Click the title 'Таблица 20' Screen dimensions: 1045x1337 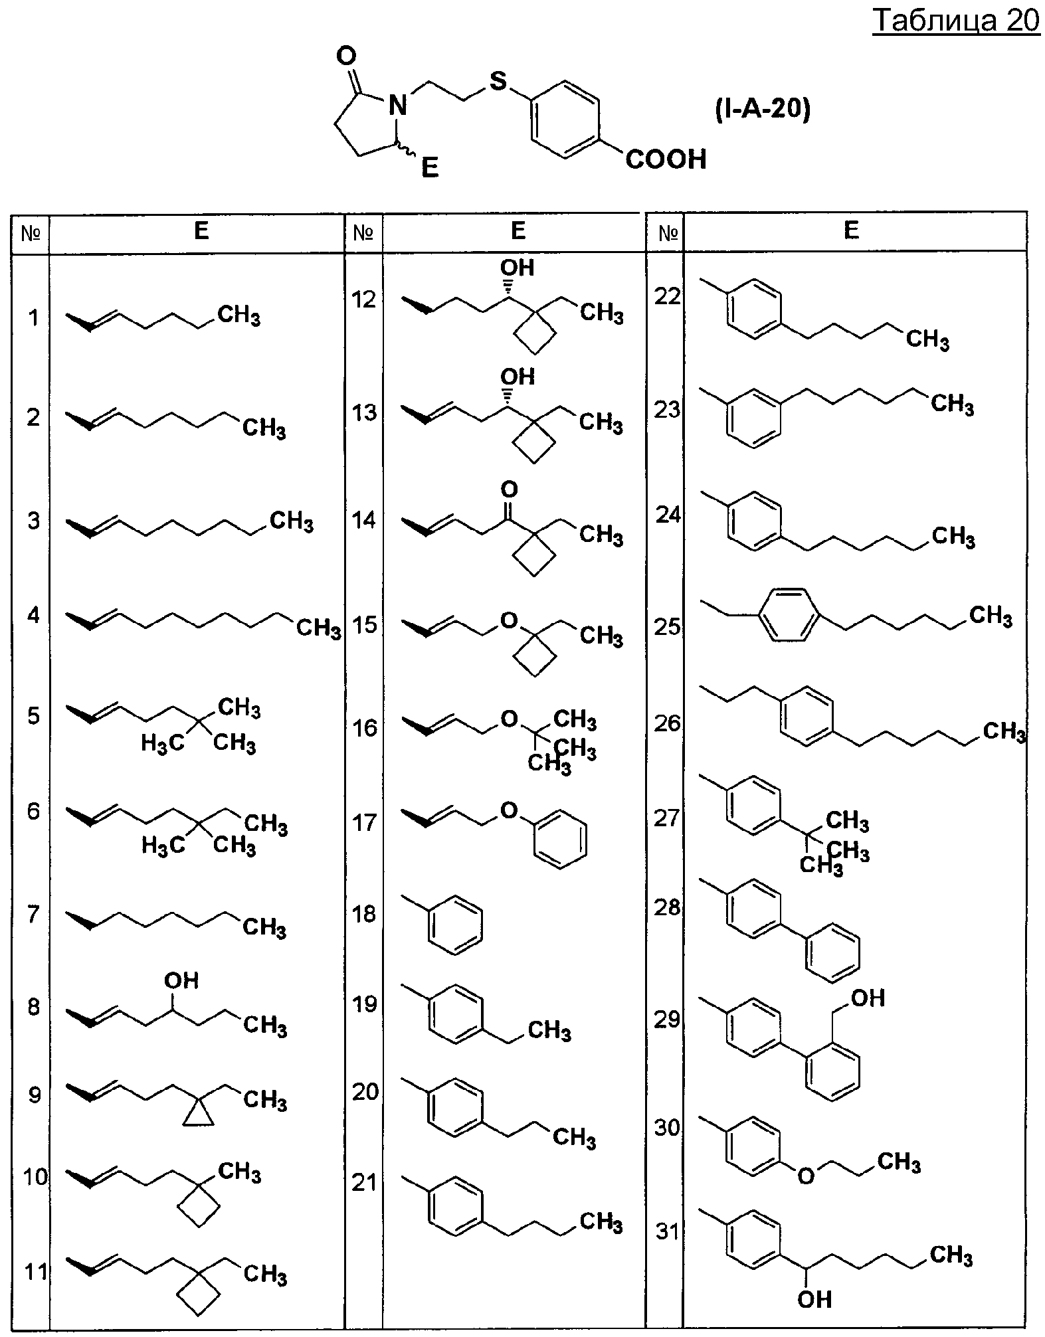tap(956, 21)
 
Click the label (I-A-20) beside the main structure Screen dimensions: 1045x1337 tap(763, 110)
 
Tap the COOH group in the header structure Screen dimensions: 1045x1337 tap(666, 159)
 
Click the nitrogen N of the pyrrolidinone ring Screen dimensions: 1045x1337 tap(397, 106)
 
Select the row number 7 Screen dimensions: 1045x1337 tap(33, 914)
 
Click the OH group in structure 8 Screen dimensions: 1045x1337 tap(181, 980)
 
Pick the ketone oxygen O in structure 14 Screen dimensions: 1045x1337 tap(509, 490)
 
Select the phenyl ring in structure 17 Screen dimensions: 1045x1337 tap(560, 838)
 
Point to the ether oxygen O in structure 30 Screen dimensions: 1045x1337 tap(806, 1176)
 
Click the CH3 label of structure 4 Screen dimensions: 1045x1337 tap(318, 627)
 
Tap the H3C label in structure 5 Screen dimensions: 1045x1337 tap(163, 743)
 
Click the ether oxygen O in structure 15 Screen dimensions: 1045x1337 tap(508, 621)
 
